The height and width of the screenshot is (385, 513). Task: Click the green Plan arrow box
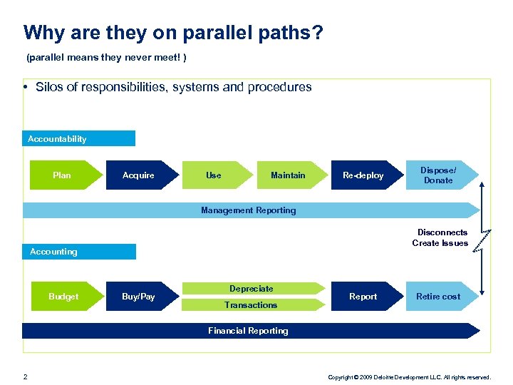click(62, 175)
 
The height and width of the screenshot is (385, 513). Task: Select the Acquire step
click(139, 175)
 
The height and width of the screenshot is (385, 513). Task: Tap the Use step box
click(214, 175)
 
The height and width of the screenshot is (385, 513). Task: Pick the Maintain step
click(289, 175)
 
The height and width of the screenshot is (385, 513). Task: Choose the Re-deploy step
click(363, 175)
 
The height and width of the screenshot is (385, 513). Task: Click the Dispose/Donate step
click(438, 175)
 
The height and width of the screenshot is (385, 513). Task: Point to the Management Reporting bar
click(249, 210)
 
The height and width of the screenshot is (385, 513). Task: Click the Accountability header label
click(58, 139)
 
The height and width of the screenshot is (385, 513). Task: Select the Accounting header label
click(54, 252)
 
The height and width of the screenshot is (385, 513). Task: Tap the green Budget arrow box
click(63, 297)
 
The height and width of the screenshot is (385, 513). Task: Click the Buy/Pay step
click(139, 297)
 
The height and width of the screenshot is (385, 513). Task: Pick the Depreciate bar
click(252, 289)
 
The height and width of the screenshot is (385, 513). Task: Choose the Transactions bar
click(252, 305)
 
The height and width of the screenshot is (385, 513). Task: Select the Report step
click(363, 297)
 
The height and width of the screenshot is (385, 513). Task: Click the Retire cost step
click(438, 297)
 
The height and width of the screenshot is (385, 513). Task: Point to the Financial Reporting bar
click(249, 331)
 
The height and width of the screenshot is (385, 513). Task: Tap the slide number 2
click(25, 376)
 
